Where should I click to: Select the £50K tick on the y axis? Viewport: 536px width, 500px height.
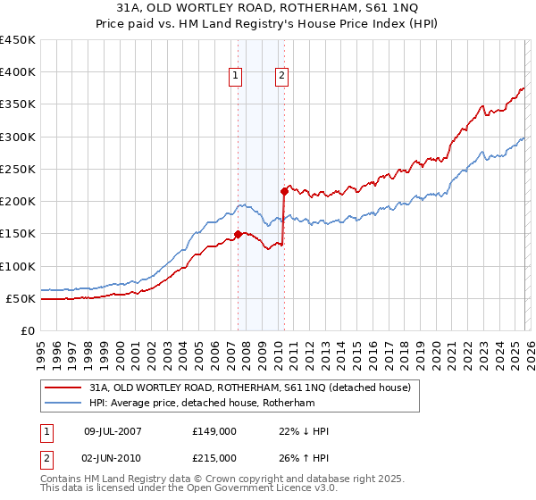click(21, 298)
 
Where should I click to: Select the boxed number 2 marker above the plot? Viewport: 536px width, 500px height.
click(282, 77)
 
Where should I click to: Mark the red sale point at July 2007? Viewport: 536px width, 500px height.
click(238, 235)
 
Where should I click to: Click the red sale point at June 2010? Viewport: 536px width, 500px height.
click(284, 191)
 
